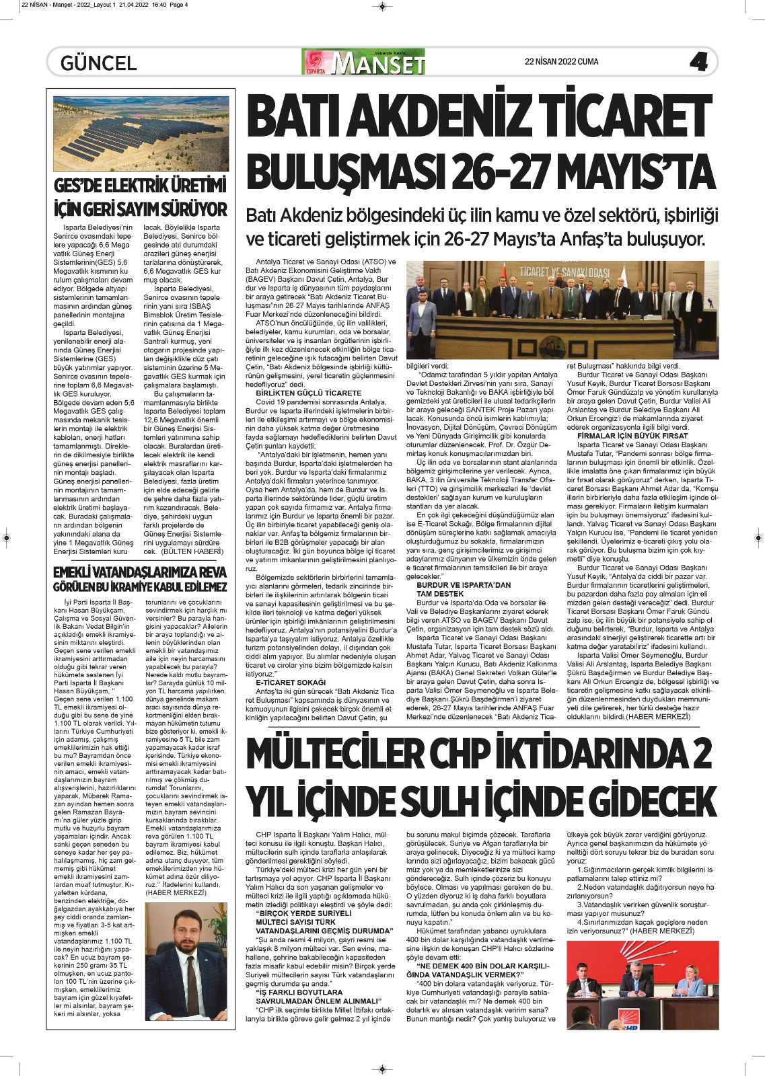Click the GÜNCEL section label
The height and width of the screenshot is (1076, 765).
tap(98, 63)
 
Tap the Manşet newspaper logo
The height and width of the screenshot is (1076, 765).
tap(364, 63)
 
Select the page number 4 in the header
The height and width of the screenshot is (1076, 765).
tap(698, 63)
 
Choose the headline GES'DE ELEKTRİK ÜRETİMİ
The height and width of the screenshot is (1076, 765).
tap(141, 186)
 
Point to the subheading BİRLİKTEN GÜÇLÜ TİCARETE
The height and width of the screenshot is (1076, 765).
tap(308, 393)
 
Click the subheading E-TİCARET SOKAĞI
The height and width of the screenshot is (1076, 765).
tap(290, 682)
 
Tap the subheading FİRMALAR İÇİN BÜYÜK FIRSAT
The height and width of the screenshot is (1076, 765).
tap(632, 436)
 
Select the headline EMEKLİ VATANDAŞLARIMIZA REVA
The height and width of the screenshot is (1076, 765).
tap(140, 572)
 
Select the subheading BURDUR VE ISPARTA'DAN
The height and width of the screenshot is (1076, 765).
tap(464, 585)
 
